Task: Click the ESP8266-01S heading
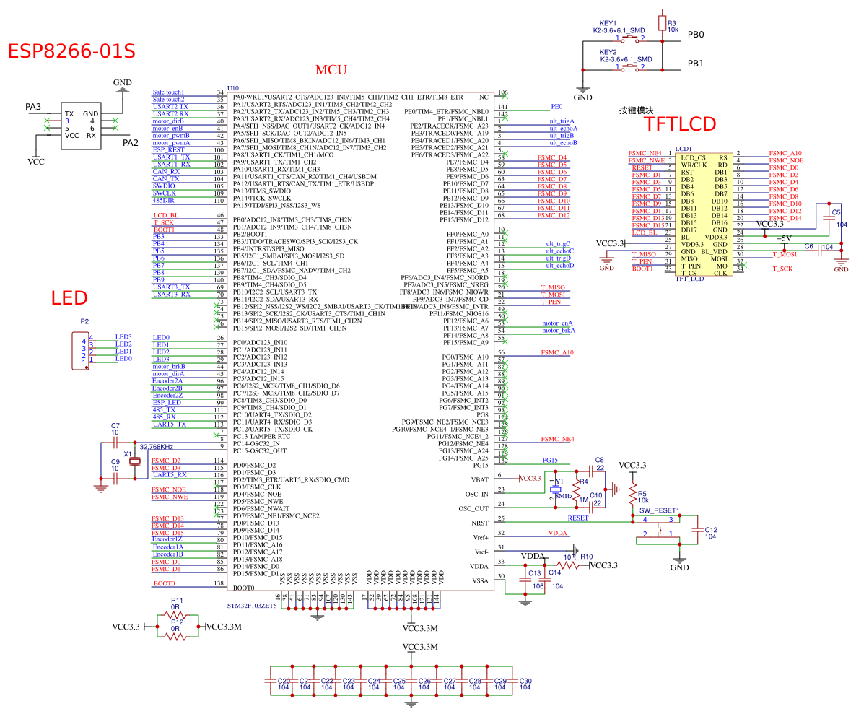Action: click(71, 51)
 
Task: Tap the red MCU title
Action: click(331, 70)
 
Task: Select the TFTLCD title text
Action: click(679, 124)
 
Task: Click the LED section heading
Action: click(69, 297)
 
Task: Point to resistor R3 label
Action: click(672, 23)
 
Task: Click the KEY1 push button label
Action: click(608, 23)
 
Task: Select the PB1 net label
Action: click(696, 64)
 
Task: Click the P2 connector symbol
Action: click(82, 350)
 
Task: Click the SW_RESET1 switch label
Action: click(660, 510)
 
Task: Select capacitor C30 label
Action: click(525, 681)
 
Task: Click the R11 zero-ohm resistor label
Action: click(176, 600)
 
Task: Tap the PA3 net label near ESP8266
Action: click(33, 108)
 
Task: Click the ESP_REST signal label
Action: click(167, 150)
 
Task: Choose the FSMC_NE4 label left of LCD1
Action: click(646, 153)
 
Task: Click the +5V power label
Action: click(785, 239)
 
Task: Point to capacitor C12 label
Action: click(711, 530)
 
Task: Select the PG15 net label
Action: click(551, 460)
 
